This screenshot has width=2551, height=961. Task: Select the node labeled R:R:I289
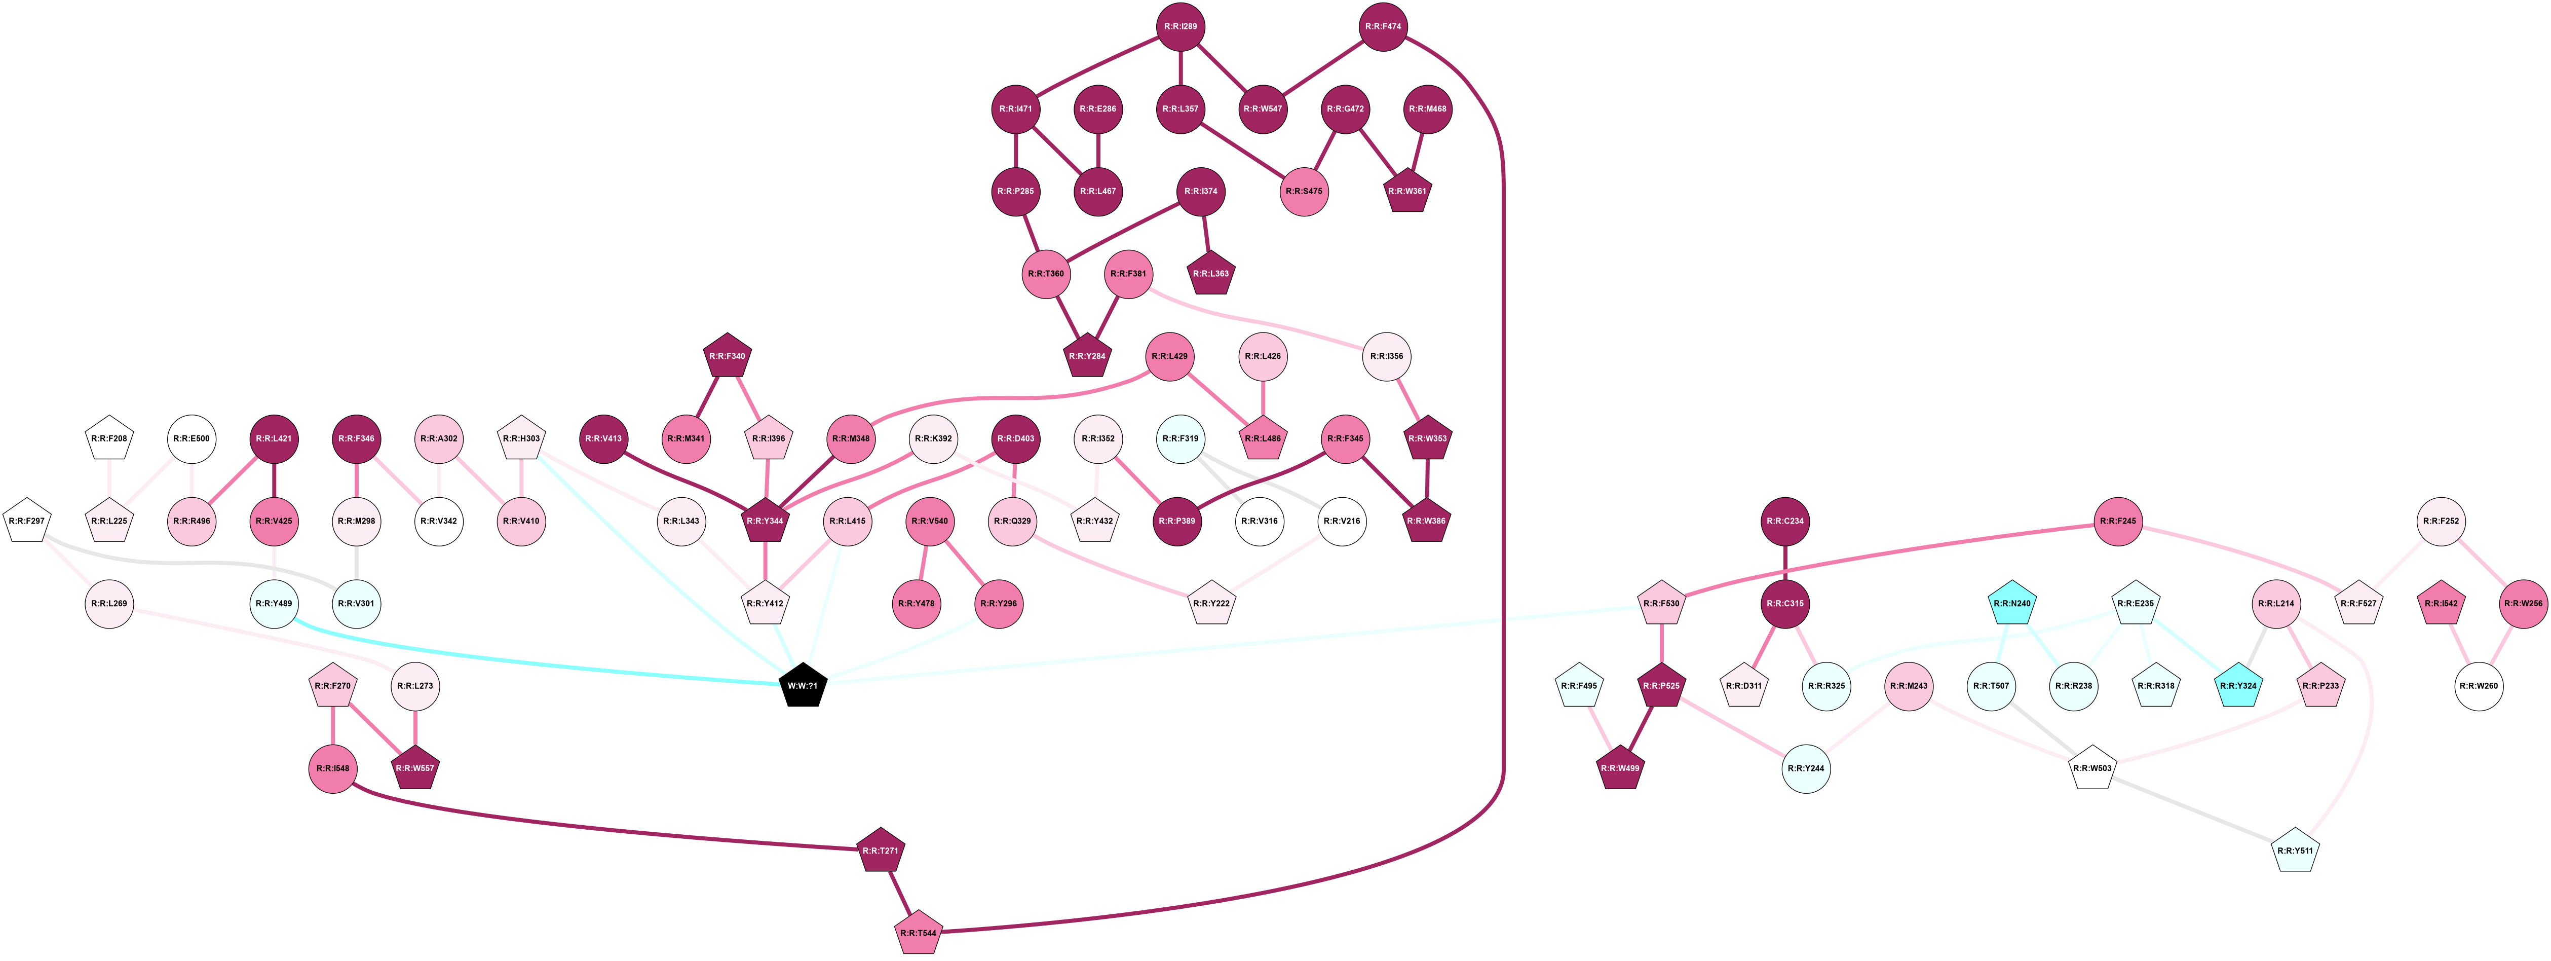[1182, 27]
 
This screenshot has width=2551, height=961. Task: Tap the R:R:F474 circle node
[1384, 27]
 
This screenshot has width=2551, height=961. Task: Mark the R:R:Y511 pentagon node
[2296, 851]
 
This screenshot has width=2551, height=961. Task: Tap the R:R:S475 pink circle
[1304, 191]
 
